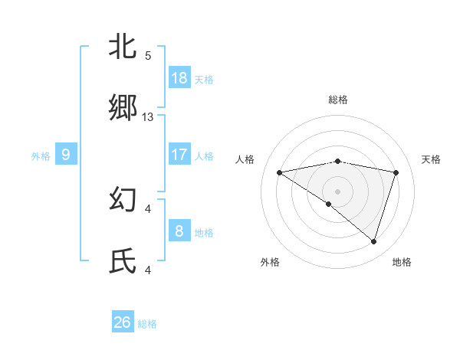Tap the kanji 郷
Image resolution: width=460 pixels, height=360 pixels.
tap(123, 109)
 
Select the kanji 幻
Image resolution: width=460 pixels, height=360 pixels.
tap(123, 200)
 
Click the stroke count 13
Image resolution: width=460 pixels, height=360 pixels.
tap(148, 117)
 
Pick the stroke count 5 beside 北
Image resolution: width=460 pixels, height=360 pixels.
tap(148, 56)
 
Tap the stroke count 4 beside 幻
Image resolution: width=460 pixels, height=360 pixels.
tap(148, 208)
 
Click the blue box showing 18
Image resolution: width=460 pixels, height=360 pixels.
tap(179, 78)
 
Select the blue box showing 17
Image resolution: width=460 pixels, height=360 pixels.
tap(179, 155)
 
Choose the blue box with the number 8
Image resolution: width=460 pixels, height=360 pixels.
tap(179, 230)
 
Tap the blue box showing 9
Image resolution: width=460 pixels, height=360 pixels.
tap(66, 155)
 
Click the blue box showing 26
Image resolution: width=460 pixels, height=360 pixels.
tap(123, 322)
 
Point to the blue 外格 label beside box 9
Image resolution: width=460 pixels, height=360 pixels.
tap(41, 155)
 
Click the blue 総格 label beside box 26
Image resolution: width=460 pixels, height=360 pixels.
tap(147, 324)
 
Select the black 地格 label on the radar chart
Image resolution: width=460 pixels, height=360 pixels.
tap(402, 262)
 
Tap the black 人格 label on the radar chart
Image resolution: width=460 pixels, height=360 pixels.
tap(246, 159)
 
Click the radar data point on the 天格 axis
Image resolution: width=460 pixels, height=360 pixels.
tap(396, 172)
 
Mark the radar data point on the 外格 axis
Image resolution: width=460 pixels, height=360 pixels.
tap(329, 204)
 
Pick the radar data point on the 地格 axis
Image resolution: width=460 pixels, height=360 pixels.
tap(374, 242)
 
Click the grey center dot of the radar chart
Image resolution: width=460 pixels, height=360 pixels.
tap(337, 190)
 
